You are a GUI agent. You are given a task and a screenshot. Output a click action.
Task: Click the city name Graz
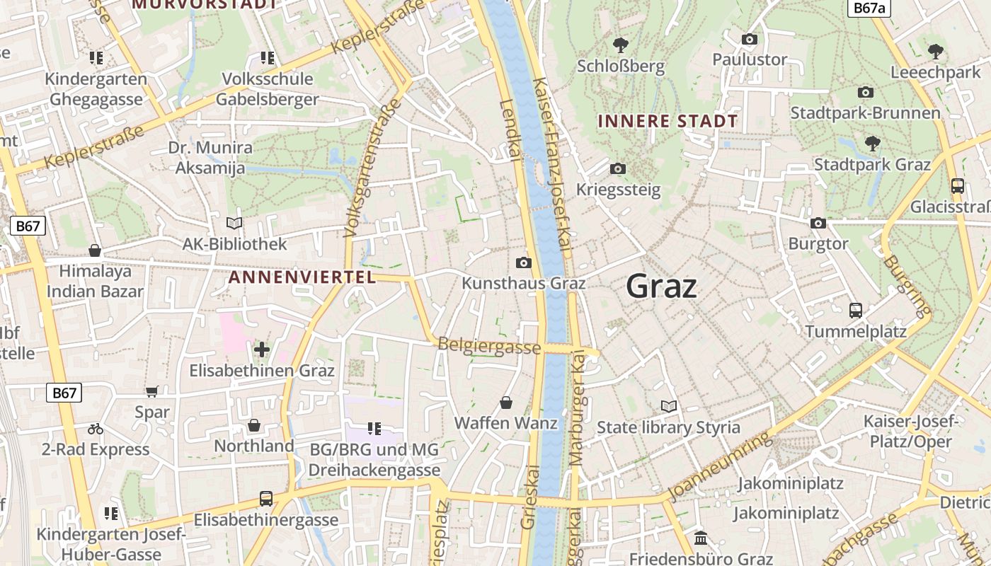661,287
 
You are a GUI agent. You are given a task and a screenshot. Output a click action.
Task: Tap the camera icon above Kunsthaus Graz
523,263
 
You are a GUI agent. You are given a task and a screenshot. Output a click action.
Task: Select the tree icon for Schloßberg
620,45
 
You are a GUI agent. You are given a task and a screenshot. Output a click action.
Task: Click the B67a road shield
869,8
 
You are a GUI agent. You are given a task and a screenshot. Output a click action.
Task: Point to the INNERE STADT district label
668,121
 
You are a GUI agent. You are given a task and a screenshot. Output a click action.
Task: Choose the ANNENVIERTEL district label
302,277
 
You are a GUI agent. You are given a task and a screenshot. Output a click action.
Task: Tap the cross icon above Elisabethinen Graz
262,349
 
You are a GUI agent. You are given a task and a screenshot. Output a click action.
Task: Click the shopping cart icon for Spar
151,391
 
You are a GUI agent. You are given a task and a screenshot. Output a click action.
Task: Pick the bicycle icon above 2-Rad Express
96,429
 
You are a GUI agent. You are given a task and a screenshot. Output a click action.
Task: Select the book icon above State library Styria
668,406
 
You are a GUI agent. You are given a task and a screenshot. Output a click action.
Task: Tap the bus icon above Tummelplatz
855,310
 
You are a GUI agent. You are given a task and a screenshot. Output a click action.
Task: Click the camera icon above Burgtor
818,223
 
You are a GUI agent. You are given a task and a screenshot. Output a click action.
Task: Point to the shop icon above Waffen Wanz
506,403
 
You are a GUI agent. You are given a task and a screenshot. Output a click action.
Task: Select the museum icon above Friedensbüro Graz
701,538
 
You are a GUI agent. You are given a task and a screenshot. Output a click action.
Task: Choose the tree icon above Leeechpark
935,51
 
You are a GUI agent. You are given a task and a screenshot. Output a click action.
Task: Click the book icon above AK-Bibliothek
234,223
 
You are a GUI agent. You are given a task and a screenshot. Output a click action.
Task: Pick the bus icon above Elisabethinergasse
265,499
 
